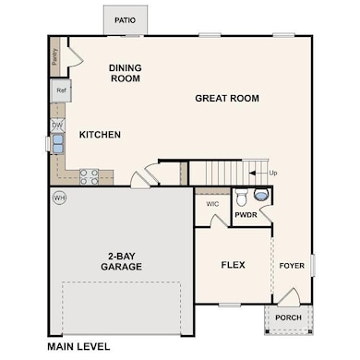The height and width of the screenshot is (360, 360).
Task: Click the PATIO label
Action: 125,20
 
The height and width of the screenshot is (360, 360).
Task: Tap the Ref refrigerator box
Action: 61,90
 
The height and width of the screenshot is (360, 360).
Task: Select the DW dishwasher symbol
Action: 57,126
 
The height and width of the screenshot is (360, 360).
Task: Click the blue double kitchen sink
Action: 57,144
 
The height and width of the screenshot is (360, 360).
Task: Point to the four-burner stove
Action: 90,177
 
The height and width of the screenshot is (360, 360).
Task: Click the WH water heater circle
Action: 60,198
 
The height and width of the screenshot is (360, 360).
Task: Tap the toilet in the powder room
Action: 241,198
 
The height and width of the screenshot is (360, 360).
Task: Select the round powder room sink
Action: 261,195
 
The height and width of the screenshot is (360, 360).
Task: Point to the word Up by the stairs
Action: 273,173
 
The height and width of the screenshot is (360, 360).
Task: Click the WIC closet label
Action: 212,204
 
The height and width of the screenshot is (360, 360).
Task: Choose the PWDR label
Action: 246,215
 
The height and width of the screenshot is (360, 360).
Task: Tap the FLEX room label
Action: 234,265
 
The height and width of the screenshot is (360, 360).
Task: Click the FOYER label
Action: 292,266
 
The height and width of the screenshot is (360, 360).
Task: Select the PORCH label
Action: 288,318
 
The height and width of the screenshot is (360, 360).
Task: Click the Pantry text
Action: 54,57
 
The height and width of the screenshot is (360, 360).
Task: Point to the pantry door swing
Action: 76,56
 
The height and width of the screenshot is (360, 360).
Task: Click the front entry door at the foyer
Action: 289,297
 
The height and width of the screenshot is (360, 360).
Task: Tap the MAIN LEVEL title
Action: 78,347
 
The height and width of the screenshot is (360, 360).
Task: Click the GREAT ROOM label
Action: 227,99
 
